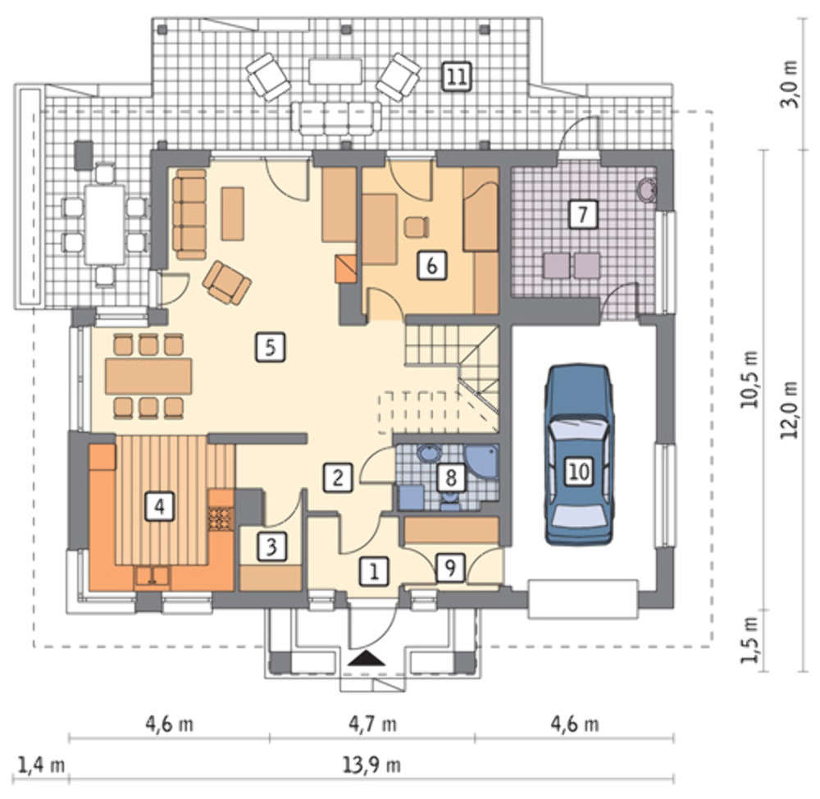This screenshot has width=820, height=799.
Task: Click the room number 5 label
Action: [271, 347]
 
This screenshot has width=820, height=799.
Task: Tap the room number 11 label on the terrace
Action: [457, 77]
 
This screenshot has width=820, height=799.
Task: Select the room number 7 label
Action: [582, 214]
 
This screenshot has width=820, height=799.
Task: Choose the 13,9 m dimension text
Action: [371, 766]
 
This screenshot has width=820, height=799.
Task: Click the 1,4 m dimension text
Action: [42, 766]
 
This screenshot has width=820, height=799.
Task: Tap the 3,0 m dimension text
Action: [790, 84]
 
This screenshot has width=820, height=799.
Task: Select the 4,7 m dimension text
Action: [372, 724]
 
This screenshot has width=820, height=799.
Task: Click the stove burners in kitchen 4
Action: [221, 519]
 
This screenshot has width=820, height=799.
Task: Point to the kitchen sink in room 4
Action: [153, 576]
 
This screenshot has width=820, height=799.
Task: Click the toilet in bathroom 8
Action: [449, 500]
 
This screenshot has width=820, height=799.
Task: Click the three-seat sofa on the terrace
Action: [337, 117]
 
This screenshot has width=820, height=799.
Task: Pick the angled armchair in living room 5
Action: [226, 283]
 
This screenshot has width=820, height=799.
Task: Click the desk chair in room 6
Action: [417, 227]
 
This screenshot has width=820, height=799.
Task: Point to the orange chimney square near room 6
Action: [346, 269]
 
